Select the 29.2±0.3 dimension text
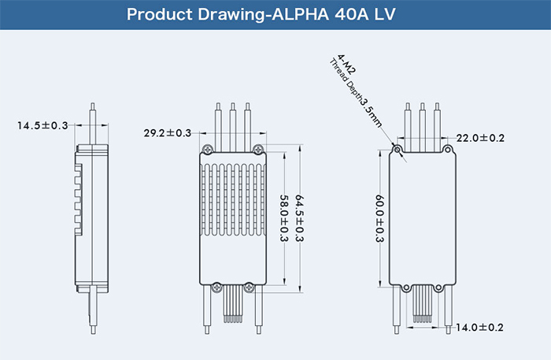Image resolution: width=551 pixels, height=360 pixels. tap(168, 133)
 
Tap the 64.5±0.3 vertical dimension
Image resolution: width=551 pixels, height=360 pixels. tap(298, 217)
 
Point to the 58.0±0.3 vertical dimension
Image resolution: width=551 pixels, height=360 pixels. tap(282, 218)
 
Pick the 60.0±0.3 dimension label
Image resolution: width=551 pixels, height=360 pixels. tap(379, 218)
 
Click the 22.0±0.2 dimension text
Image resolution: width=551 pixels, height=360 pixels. tap(483, 138)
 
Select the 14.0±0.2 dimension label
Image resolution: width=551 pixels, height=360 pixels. tap(482, 327)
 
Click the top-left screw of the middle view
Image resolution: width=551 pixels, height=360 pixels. tap(206, 150)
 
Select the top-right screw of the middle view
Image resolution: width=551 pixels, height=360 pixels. tap(258, 150)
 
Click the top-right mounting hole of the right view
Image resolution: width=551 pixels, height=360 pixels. tap(449, 149)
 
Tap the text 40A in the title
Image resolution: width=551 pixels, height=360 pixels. tap(360, 15)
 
